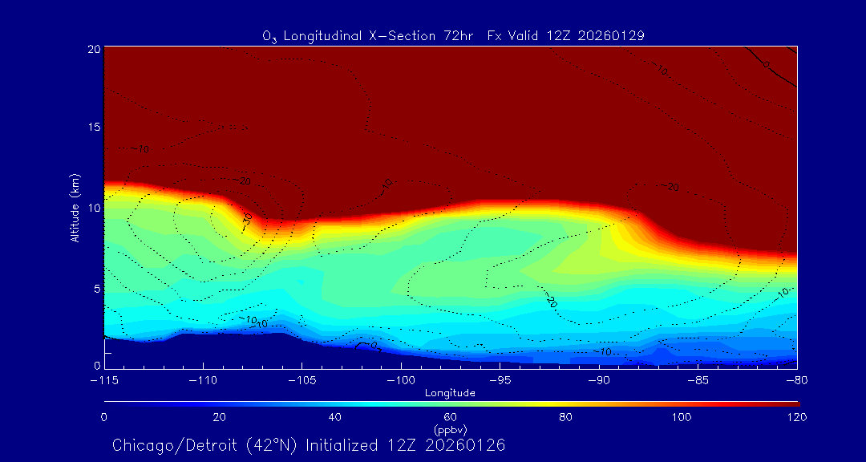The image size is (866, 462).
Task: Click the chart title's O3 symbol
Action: (x=269, y=36)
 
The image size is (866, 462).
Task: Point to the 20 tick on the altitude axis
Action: (x=94, y=49)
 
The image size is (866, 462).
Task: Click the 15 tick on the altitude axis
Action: (x=94, y=128)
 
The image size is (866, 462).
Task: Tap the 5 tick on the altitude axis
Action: (x=96, y=288)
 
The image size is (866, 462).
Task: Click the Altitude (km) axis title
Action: (x=75, y=208)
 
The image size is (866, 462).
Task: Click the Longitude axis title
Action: (x=450, y=393)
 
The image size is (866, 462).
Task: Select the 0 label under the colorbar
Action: (x=103, y=417)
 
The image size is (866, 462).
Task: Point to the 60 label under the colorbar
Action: (x=450, y=417)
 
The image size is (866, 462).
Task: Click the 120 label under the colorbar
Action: (x=796, y=417)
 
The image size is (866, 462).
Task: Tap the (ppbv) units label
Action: (x=450, y=429)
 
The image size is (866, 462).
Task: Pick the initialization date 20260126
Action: (x=466, y=445)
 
